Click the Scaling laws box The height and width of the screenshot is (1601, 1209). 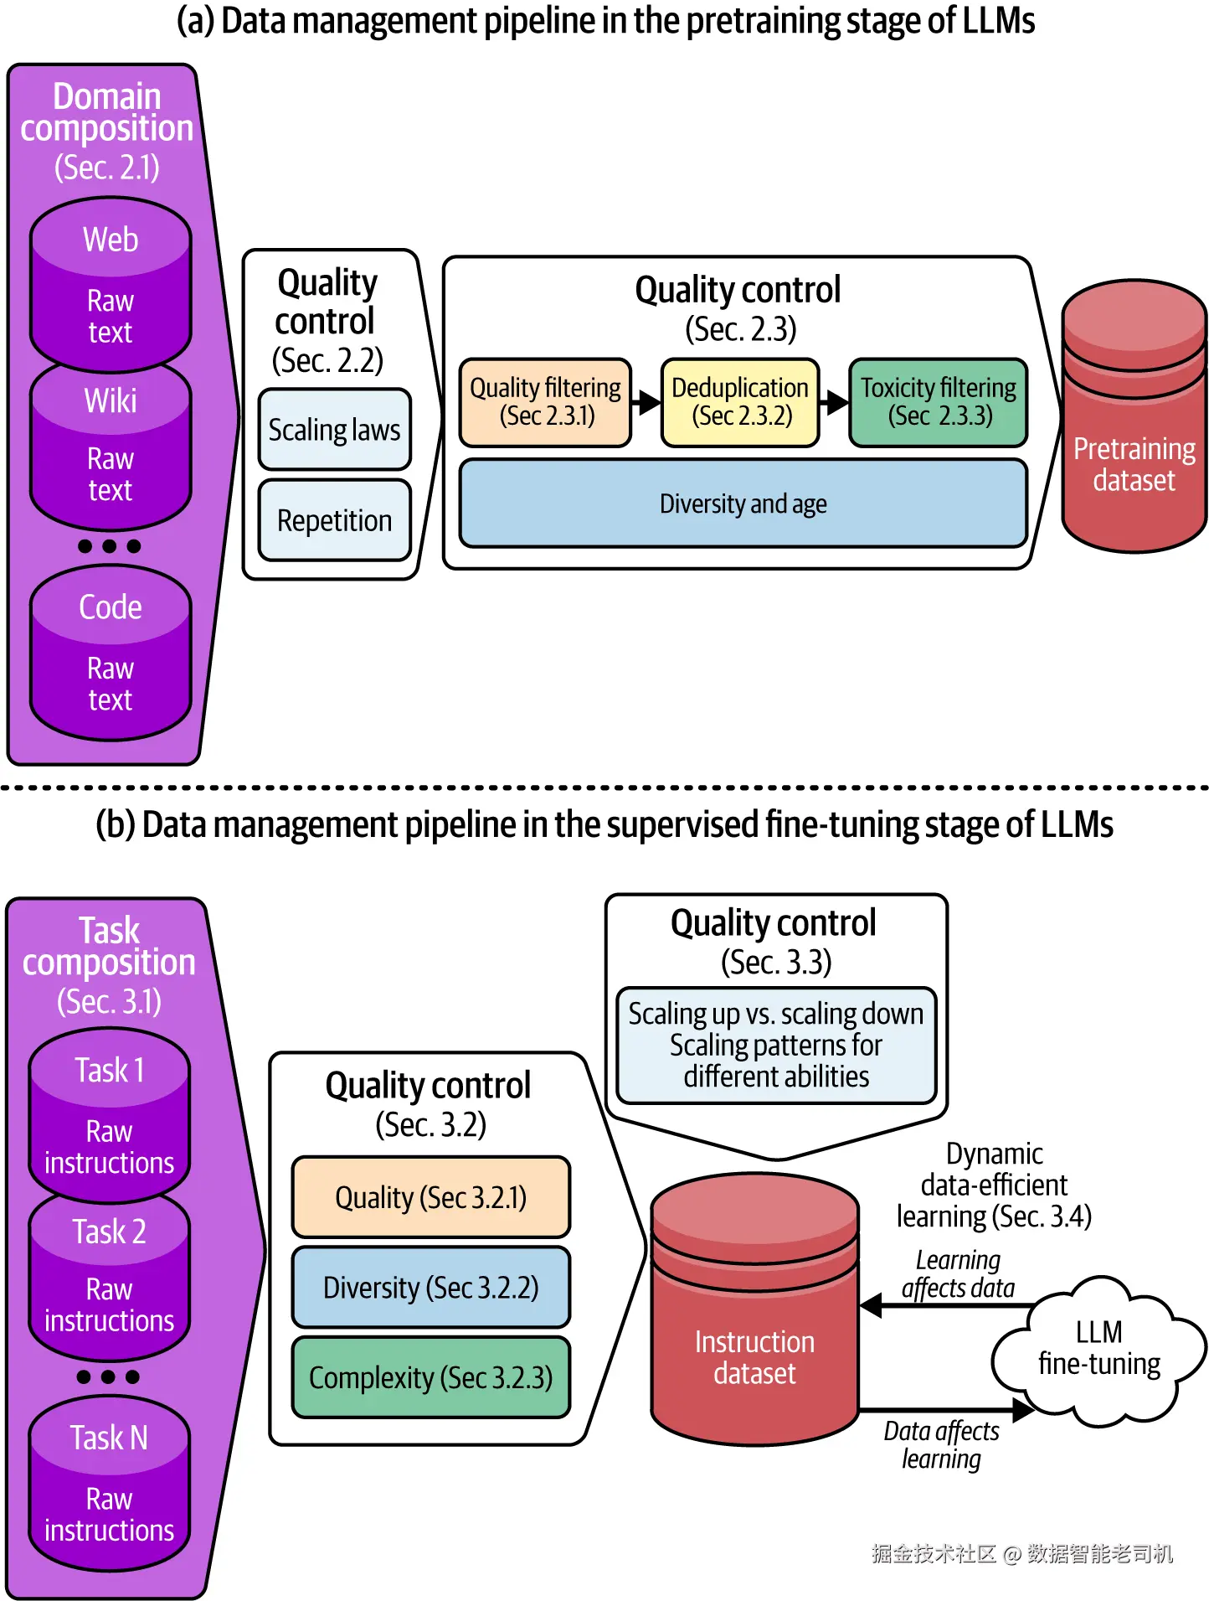point(334,430)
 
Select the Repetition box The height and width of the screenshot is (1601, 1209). point(334,520)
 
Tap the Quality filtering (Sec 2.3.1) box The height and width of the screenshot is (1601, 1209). point(545,402)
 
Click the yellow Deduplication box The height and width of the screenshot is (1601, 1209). point(740,402)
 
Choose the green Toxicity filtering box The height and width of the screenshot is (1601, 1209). point(938,402)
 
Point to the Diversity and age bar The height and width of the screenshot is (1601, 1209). point(743,504)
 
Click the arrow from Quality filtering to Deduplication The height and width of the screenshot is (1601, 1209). point(646,402)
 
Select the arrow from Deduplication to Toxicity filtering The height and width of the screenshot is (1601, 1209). point(834,402)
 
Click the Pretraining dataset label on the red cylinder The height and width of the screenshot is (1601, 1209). point(1134,465)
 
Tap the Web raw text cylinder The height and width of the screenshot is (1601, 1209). point(111,285)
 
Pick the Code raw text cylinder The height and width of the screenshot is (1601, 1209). point(111,653)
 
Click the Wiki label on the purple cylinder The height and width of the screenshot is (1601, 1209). point(111,400)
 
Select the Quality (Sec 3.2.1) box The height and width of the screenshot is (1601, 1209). point(430,1197)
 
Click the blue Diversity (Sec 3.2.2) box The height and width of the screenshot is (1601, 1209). point(430,1288)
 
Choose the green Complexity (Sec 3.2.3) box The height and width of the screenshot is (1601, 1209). point(430,1378)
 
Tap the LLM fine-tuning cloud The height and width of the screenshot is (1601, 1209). point(1098,1349)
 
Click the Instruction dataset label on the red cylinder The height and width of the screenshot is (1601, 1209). point(754,1357)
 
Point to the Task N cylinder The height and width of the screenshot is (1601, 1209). point(109,1483)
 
